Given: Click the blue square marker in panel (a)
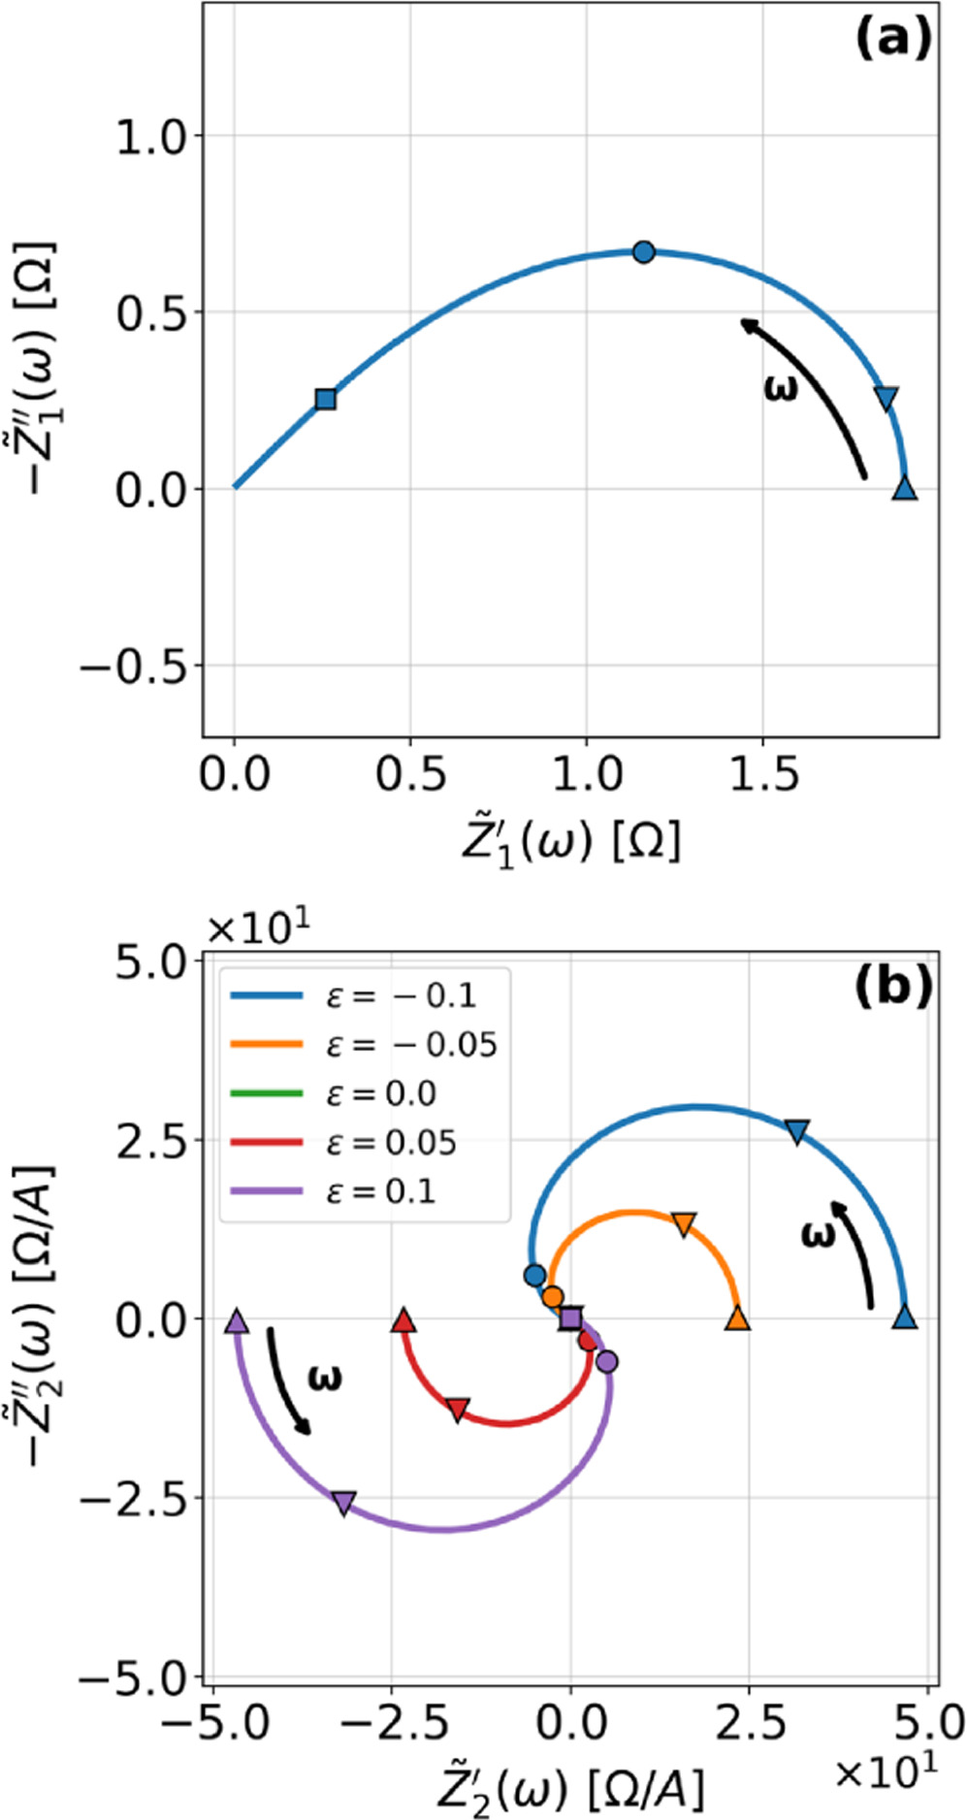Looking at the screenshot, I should tap(326, 399).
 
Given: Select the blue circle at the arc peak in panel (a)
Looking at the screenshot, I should tap(643, 252).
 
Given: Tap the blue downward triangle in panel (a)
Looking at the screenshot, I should tap(886, 398).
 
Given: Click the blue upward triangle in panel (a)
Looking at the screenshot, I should tap(904, 488).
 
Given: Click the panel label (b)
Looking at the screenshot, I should tap(892, 985).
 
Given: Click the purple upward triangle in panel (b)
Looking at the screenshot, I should tap(237, 1320).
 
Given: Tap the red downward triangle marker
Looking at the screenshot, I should tap(458, 1409).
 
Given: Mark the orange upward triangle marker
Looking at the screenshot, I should tap(738, 1318).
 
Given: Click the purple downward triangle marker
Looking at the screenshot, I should tap(343, 1503).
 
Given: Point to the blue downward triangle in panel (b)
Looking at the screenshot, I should tap(797, 1131).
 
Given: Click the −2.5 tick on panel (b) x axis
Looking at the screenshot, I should tap(392, 1722).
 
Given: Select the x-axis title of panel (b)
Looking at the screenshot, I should tap(569, 1787).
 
